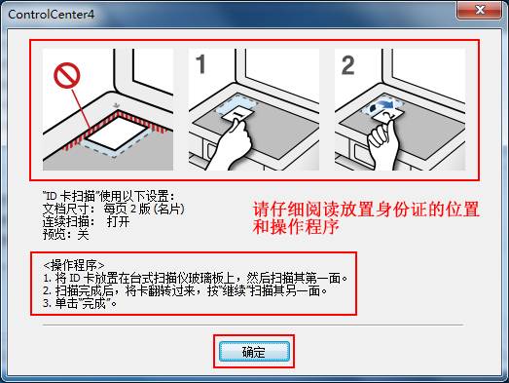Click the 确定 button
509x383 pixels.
[254, 352]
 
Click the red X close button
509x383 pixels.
[480, 10]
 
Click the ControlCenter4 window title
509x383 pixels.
[52, 15]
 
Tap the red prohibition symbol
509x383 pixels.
[67, 75]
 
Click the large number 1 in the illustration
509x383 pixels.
[200, 64]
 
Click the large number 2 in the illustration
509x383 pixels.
[348, 65]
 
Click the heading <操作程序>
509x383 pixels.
[74, 265]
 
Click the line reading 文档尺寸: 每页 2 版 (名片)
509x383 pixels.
[113, 209]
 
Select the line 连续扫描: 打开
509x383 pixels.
[86, 222]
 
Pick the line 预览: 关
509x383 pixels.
[66, 234]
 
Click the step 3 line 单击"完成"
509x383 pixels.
[80, 303]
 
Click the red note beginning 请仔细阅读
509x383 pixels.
[366, 210]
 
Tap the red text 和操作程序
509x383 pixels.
[296, 227]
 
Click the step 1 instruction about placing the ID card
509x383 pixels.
[195, 279]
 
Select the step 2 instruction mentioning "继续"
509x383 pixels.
[185, 291]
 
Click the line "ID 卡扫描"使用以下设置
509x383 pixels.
[109, 196]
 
